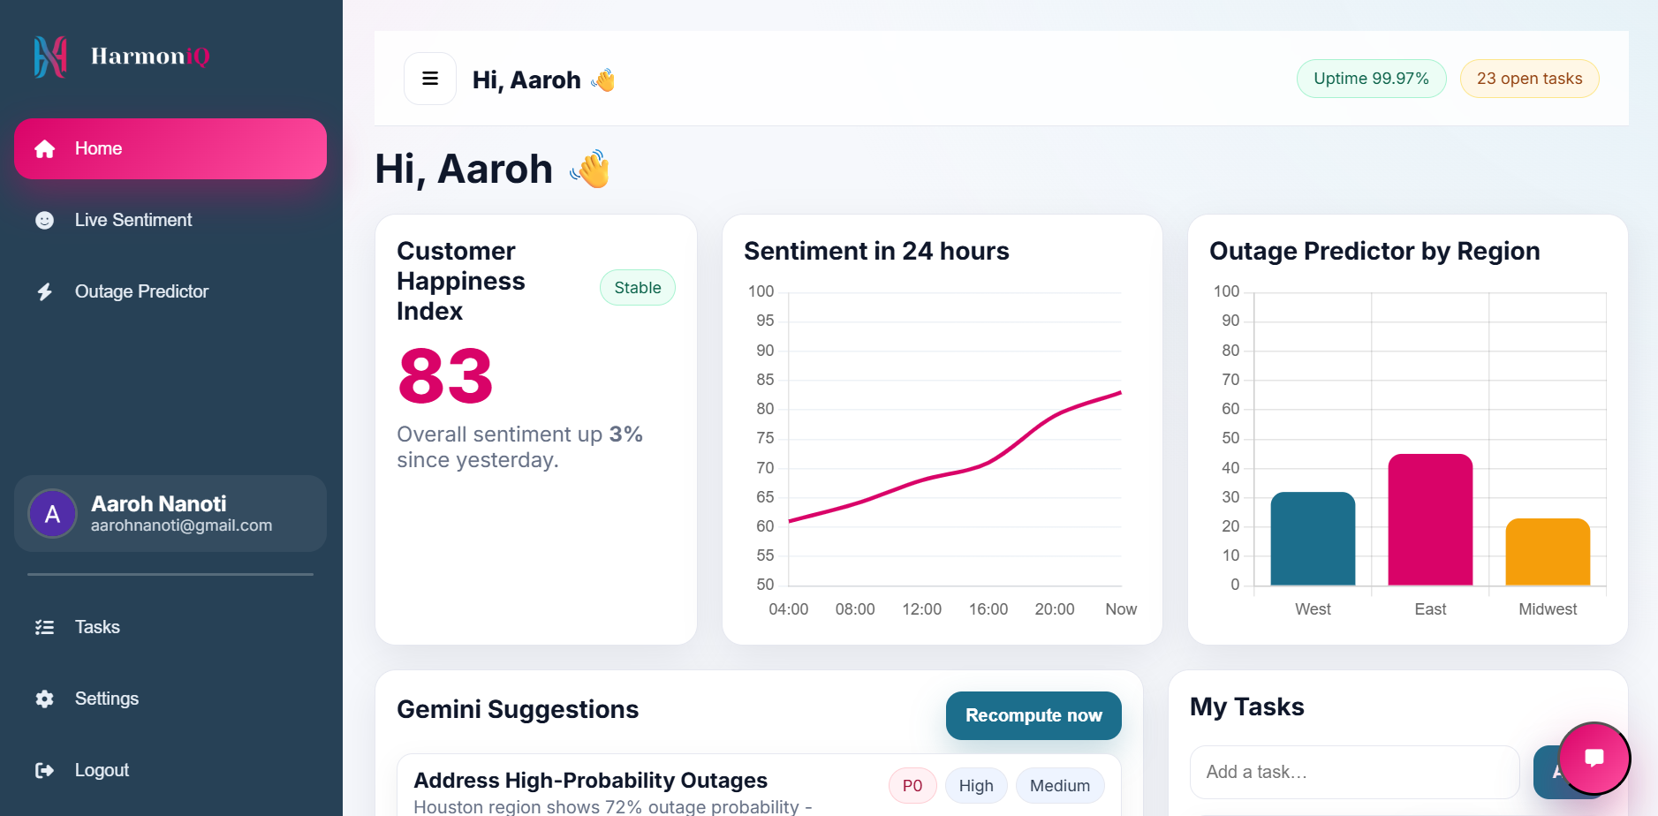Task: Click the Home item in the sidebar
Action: pyautogui.click(x=170, y=148)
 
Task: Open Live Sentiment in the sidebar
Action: pyautogui.click(x=132, y=220)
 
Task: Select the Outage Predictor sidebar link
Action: pyautogui.click(x=141, y=291)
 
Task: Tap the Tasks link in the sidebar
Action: pyautogui.click(x=97, y=627)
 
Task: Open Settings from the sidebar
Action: pyautogui.click(x=106, y=699)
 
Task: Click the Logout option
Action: pyautogui.click(x=102, y=770)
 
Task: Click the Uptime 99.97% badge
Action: pyautogui.click(x=1371, y=79)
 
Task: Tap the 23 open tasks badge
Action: pyautogui.click(x=1529, y=79)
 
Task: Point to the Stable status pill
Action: pyautogui.click(x=637, y=288)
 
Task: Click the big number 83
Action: pyautogui.click(x=445, y=376)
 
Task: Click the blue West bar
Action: pyautogui.click(x=1313, y=539)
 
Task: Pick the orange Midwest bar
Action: pyautogui.click(x=1548, y=552)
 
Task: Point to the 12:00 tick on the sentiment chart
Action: pyautogui.click(x=921, y=609)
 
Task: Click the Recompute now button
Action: pyautogui.click(x=1033, y=715)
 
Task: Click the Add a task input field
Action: pyautogui.click(x=1354, y=772)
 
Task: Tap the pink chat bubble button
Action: pyautogui.click(x=1594, y=758)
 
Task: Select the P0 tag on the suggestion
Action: pyautogui.click(x=912, y=786)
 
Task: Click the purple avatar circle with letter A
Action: pyautogui.click(x=53, y=514)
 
